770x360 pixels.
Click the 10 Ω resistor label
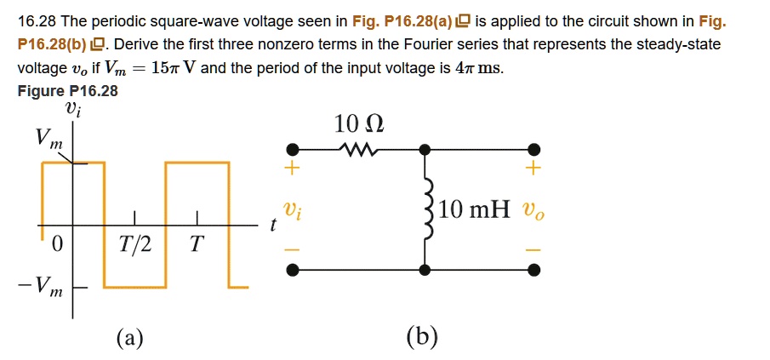click(358, 125)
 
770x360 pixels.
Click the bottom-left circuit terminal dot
click(292, 270)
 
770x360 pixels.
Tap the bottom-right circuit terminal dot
click(533, 270)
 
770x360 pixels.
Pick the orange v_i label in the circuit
click(291, 209)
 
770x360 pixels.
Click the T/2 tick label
click(135, 246)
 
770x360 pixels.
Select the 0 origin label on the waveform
click(57, 246)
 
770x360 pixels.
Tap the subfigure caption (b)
click(422, 338)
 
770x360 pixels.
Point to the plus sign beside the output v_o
click(533, 170)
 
